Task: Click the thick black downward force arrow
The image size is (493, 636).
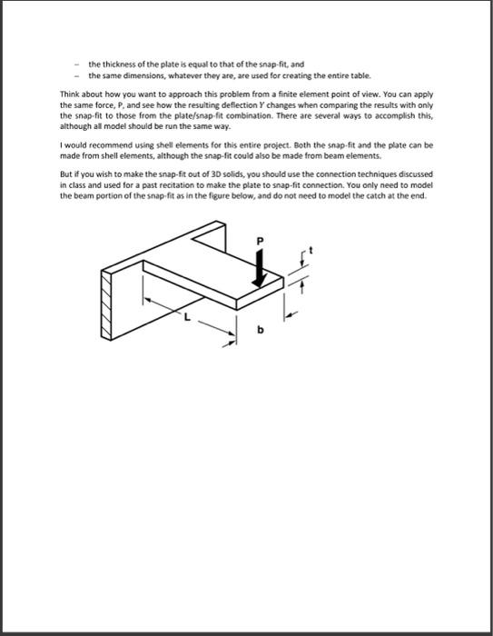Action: click(261, 268)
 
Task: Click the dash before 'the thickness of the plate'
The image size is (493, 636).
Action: click(78, 65)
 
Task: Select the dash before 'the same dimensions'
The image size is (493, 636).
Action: click(78, 75)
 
